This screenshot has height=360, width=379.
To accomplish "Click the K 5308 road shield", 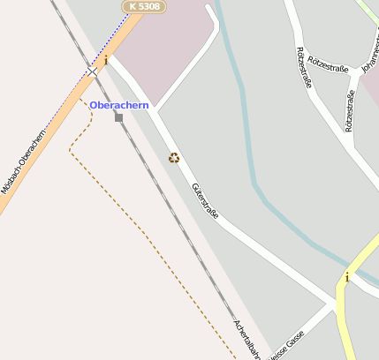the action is click(142, 6).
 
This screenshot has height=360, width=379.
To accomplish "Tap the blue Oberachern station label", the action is click(119, 105).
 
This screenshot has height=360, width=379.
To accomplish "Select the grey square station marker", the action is click(119, 116).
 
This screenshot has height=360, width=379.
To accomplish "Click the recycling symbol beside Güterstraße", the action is click(174, 158).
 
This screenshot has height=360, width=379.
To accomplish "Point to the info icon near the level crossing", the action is click(106, 60).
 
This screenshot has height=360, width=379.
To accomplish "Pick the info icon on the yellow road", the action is click(347, 277).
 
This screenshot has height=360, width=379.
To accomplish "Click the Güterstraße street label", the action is click(205, 202).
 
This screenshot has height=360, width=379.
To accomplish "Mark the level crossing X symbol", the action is click(93, 71).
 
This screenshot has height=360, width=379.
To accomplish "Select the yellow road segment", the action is click(358, 265).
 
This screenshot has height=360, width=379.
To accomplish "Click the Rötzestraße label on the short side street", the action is click(350, 110).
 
